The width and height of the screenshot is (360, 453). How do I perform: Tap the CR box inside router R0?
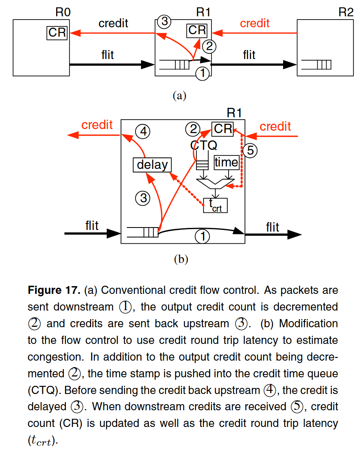point(57,32)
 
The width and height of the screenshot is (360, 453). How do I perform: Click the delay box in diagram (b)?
point(153,165)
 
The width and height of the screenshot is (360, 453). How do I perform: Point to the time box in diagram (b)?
point(226,162)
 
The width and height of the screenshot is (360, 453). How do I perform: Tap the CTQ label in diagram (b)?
point(204,145)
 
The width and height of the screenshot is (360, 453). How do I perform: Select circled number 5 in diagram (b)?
point(250,151)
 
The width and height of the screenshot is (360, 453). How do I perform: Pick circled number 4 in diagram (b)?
point(143,131)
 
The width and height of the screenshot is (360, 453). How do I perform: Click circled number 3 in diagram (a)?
point(164,22)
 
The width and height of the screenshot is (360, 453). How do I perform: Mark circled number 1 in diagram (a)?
point(203,74)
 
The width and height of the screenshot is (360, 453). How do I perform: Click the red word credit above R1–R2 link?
point(255,24)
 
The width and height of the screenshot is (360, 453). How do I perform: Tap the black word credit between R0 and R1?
point(113,24)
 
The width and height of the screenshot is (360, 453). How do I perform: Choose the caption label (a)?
point(179,96)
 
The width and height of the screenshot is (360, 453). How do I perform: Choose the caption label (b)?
point(181,259)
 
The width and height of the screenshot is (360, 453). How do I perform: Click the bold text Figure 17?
point(54,291)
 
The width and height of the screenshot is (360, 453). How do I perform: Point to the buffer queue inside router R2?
point(316,65)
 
